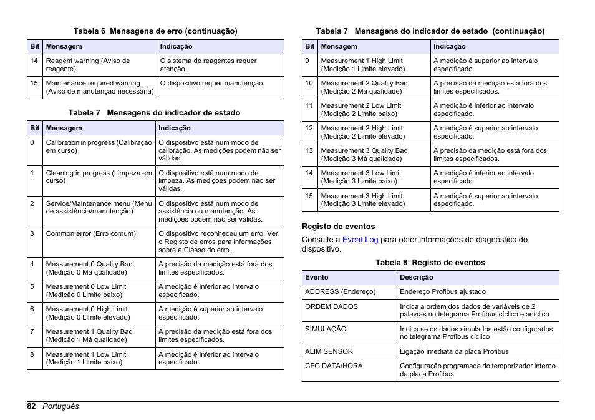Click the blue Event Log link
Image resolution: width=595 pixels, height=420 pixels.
(360, 240)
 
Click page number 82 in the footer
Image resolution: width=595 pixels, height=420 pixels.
(32, 406)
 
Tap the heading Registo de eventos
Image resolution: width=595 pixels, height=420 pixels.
(338, 227)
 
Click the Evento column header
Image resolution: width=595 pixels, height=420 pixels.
(317, 278)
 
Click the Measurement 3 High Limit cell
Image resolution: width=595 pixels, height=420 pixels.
(362, 200)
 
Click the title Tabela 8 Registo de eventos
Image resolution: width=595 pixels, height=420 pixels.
(430, 263)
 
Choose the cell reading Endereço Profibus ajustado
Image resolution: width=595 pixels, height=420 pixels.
(442, 291)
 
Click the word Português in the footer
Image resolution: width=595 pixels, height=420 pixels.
(60, 406)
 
